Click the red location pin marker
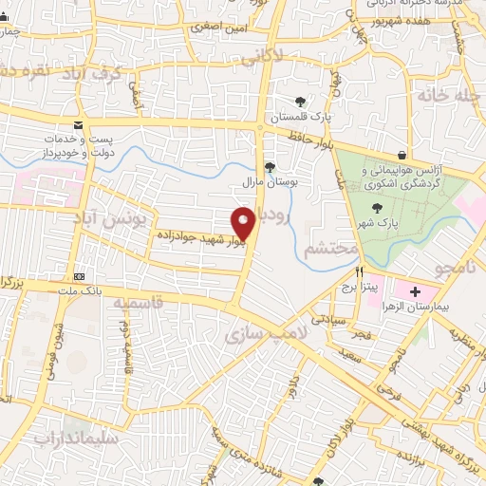[x=244, y=223]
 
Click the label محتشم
[x=329, y=249]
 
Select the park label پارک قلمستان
[x=301, y=116]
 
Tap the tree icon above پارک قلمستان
[x=301, y=101]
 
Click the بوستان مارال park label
[x=272, y=181]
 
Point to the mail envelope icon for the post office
[x=77, y=126]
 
